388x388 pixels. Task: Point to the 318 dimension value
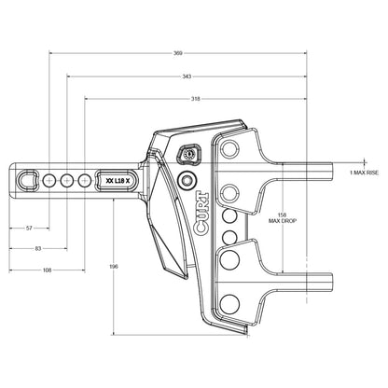tap(194, 97)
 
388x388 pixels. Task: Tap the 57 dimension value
tap(29, 228)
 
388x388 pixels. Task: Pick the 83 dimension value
tap(36, 248)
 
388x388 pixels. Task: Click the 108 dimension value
tap(46, 270)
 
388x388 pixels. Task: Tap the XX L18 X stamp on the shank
tap(120, 180)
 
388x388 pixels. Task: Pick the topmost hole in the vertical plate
tap(226, 149)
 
